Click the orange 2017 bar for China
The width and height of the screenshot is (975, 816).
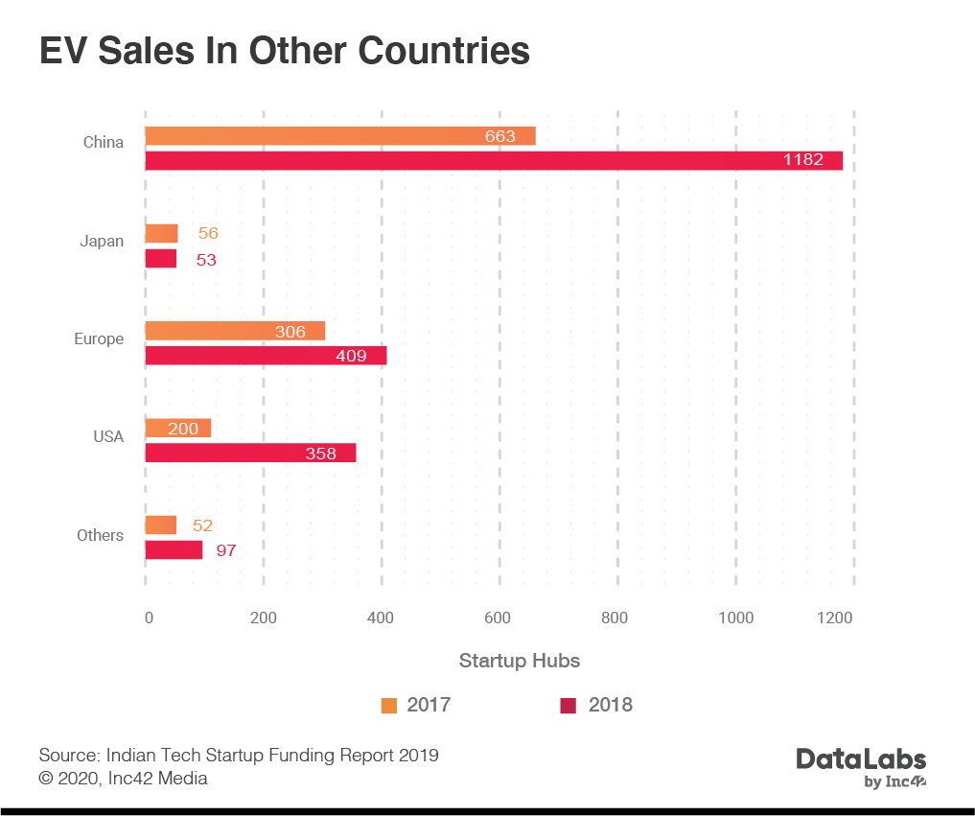[339, 136]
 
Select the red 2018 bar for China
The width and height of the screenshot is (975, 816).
[493, 160]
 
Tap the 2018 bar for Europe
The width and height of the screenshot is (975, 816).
[266, 356]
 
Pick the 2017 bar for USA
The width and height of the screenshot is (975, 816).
[177, 429]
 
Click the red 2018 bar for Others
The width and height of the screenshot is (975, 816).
[174, 550]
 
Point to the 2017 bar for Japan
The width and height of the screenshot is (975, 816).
[161, 233]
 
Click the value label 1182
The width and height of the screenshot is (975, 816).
[802, 160]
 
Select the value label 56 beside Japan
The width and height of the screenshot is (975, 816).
[208, 234]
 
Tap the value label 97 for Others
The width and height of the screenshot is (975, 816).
[226, 550]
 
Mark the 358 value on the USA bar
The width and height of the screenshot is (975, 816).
[321, 454]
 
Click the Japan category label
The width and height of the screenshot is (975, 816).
[102, 241]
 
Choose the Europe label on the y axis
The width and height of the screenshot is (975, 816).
[99, 338]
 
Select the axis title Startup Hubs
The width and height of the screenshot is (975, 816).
[519, 661]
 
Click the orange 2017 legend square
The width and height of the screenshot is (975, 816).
[389, 706]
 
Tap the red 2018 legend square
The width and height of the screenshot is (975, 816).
[569, 706]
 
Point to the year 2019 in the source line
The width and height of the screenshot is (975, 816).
[419, 755]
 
